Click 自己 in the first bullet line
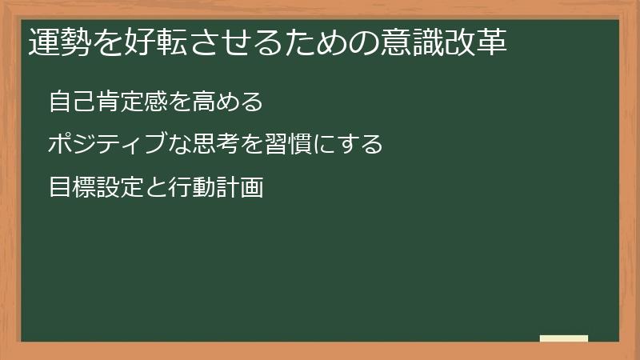72,102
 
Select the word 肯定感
133,102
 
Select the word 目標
72,188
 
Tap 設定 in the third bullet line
122,188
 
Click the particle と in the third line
156,188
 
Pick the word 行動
192,188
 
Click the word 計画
240,188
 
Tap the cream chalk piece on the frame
564,338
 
